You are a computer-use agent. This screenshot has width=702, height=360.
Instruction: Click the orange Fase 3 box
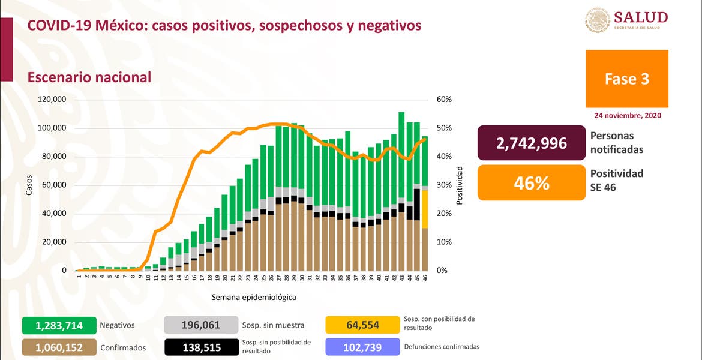626,79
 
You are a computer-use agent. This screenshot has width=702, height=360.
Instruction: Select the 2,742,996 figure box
531,143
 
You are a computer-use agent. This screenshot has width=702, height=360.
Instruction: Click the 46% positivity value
531,182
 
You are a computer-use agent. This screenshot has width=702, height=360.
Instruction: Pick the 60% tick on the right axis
444,100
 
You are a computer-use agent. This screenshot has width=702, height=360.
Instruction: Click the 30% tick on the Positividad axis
444,185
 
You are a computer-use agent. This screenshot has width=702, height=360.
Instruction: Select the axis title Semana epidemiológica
253,297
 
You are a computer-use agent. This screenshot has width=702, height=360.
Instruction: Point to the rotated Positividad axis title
460,185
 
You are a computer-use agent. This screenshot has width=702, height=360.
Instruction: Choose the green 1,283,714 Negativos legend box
59,326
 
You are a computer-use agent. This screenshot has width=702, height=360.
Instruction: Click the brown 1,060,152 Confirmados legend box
59,347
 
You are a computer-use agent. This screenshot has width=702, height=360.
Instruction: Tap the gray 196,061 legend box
200,326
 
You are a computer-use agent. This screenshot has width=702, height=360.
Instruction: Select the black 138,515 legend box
200,347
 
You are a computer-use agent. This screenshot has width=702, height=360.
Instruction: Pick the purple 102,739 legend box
362,347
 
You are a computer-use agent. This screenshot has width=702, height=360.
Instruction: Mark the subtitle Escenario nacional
89,77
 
